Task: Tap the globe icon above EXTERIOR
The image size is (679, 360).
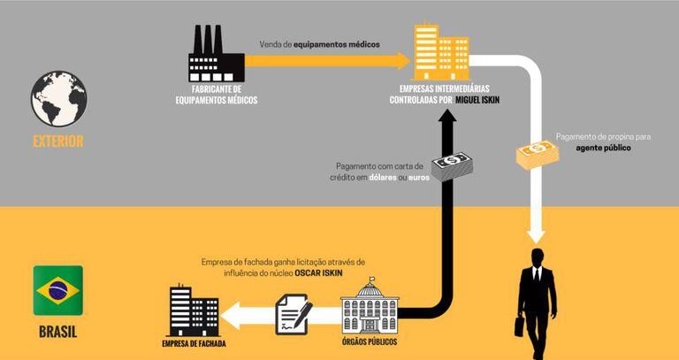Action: (x=58, y=99)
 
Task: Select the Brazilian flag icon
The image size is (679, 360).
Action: (x=58, y=291)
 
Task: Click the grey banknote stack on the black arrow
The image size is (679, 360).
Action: (x=451, y=165)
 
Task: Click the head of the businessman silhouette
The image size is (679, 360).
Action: (x=538, y=257)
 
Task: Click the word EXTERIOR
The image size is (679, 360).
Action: (x=57, y=141)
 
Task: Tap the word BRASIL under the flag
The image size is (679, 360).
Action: (x=58, y=333)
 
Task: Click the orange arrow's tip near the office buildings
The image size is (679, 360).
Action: (x=405, y=59)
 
